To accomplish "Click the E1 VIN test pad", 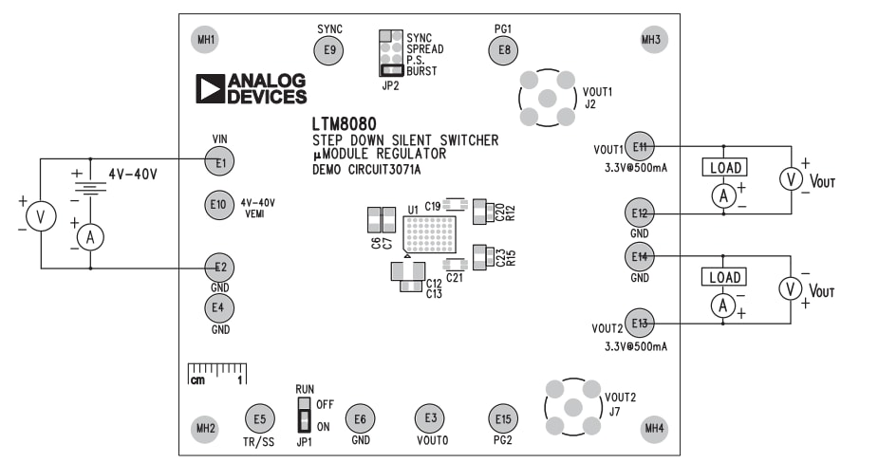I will click(220, 162).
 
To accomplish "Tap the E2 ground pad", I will click(220, 268).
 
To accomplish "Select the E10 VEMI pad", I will click(218, 203).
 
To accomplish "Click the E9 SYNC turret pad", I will click(328, 51).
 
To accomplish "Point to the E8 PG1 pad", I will click(503, 49).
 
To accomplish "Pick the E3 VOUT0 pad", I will click(431, 418).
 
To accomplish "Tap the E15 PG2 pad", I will click(503, 418).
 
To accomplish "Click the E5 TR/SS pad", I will click(259, 418).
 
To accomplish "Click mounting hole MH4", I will click(654, 429).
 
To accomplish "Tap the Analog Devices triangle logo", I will click(210, 88).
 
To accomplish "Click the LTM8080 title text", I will click(344, 124).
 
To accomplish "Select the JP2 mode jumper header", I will click(390, 53).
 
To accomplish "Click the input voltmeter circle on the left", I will click(40, 217).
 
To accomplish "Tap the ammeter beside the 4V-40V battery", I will click(90, 237).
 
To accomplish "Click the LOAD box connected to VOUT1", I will click(724, 169).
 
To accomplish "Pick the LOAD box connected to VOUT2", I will click(724, 278).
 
